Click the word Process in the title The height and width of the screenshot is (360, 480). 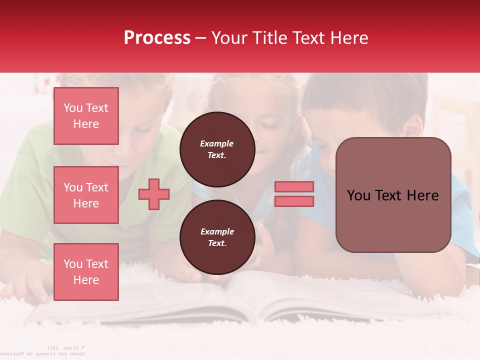point(157,38)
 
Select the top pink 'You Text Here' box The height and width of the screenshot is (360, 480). point(86,116)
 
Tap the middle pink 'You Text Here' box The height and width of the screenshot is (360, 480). point(86,195)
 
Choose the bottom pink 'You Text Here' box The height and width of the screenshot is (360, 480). point(86,272)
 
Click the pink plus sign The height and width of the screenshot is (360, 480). point(154,194)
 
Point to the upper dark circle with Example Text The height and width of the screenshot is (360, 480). point(217,149)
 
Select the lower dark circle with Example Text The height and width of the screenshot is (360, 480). point(217,237)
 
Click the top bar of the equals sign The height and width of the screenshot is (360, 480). point(294,187)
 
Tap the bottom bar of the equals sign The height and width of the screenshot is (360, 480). point(294,201)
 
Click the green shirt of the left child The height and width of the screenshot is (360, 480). point(30,190)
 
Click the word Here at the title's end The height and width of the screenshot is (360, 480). point(348,38)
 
